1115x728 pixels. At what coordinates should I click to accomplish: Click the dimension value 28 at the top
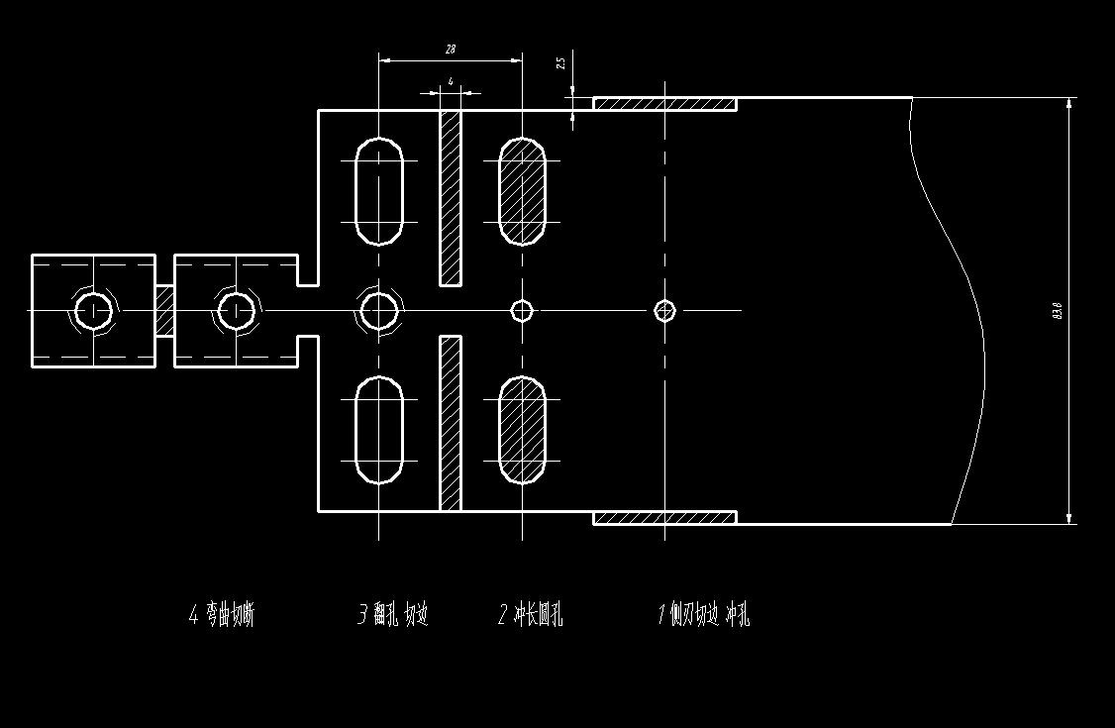pyautogui.click(x=451, y=49)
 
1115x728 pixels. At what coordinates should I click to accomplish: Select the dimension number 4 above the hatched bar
pyautogui.click(x=451, y=82)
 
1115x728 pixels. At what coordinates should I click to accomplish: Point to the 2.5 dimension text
pyautogui.click(x=560, y=62)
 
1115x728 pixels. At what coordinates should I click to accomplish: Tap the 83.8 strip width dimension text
pyautogui.click(x=1058, y=310)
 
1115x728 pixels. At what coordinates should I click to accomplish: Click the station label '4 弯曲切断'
pyautogui.click(x=222, y=615)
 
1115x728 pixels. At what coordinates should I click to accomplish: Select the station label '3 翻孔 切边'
pyautogui.click(x=392, y=615)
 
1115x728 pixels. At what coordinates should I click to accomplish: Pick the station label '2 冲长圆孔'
pyautogui.click(x=530, y=615)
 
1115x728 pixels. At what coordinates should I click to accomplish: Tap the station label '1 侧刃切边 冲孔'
pyautogui.click(x=704, y=615)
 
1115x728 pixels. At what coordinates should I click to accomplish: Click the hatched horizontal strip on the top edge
pyautogui.click(x=664, y=103)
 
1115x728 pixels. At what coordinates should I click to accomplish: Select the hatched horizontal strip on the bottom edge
pyautogui.click(x=664, y=517)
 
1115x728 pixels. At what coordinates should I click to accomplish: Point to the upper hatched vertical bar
pyautogui.click(x=451, y=197)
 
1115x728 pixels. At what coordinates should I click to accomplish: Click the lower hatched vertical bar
pyautogui.click(x=451, y=423)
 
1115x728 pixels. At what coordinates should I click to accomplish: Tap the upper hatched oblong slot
pyautogui.click(x=522, y=191)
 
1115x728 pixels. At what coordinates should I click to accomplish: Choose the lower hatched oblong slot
pyautogui.click(x=522, y=430)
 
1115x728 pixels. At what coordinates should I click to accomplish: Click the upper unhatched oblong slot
pyautogui.click(x=379, y=191)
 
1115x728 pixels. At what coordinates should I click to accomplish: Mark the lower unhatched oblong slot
pyautogui.click(x=379, y=430)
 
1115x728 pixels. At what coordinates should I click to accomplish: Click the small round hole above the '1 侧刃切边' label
pyautogui.click(x=664, y=311)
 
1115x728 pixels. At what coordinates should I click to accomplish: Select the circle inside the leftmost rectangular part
pyautogui.click(x=94, y=311)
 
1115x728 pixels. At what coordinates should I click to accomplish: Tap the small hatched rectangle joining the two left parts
pyautogui.click(x=164, y=311)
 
